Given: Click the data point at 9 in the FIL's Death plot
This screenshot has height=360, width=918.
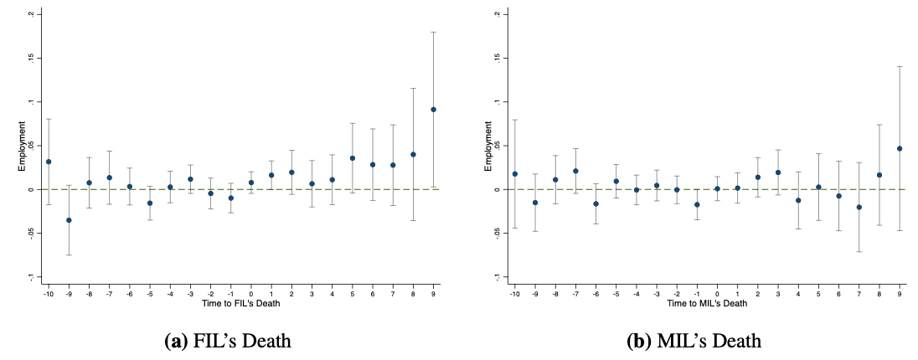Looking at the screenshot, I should (x=433, y=109).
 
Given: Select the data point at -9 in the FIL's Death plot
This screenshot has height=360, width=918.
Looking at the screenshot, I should (x=69, y=220).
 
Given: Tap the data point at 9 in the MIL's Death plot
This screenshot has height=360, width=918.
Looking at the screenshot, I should (x=900, y=148).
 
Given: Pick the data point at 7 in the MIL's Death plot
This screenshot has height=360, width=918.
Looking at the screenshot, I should (x=859, y=207).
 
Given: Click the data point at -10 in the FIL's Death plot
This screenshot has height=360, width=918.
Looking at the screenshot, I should (x=49, y=162).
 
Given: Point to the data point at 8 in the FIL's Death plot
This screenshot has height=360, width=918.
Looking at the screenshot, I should (x=413, y=154).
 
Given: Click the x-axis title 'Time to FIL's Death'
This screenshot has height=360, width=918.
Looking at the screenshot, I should (x=240, y=302).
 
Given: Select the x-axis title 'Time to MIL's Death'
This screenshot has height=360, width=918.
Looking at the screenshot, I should (x=707, y=302).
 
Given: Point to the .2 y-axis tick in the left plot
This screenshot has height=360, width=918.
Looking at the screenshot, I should (x=31, y=14).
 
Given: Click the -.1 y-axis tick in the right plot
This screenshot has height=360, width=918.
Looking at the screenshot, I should (x=497, y=276).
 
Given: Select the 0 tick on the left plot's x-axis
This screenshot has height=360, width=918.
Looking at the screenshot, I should (x=251, y=292).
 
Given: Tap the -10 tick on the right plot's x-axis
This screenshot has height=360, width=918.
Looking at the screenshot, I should (x=514, y=292).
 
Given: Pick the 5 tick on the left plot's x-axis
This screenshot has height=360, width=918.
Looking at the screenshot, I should (x=353, y=292).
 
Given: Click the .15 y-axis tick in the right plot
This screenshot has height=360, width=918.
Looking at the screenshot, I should (x=497, y=58).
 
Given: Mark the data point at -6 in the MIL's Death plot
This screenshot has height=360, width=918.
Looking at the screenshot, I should (x=596, y=203).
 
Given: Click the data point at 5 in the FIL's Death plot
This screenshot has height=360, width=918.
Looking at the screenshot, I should (x=353, y=158).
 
